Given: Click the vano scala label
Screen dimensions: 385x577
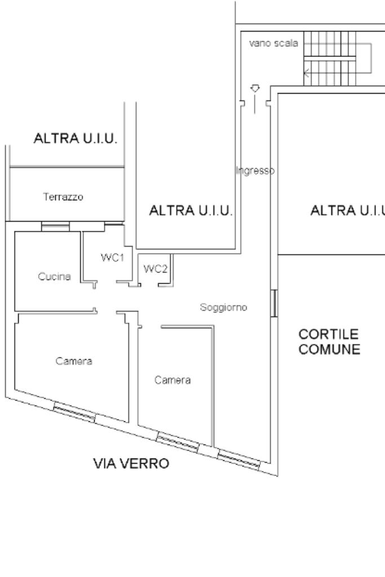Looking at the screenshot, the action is tap(273, 44).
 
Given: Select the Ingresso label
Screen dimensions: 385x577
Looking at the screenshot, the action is tap(255, 170).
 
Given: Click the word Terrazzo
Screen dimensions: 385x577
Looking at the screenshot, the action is tap(63, 197).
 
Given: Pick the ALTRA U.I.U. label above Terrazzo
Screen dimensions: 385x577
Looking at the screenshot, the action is tap(76, 139).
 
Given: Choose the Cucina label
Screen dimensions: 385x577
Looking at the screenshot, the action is tap(54, 276).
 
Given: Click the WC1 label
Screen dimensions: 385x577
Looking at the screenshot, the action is tap(112, 258).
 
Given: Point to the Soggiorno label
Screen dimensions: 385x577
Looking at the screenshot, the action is tap(224, 307).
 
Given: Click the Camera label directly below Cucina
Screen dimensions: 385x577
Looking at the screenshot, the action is tap(74, 361).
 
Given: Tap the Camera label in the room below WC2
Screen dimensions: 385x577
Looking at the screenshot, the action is tap(172, 380).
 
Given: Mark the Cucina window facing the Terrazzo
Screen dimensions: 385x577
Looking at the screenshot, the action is tap(55, 227).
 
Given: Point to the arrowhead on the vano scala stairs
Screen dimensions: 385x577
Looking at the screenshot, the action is tap(306, 72).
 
